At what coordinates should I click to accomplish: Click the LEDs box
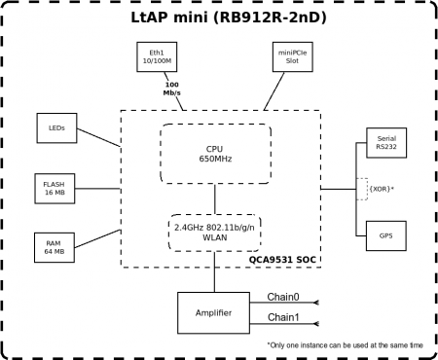point(56,127)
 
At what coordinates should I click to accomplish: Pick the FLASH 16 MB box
point(55,187)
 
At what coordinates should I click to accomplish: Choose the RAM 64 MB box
point(55,246)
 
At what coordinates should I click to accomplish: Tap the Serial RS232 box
point(386,143)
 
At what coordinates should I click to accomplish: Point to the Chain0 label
point(283,297)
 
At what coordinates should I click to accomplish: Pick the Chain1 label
point(283,318)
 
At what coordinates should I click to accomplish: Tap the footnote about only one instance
point(347,345)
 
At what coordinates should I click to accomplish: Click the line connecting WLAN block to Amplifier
point(213,272)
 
